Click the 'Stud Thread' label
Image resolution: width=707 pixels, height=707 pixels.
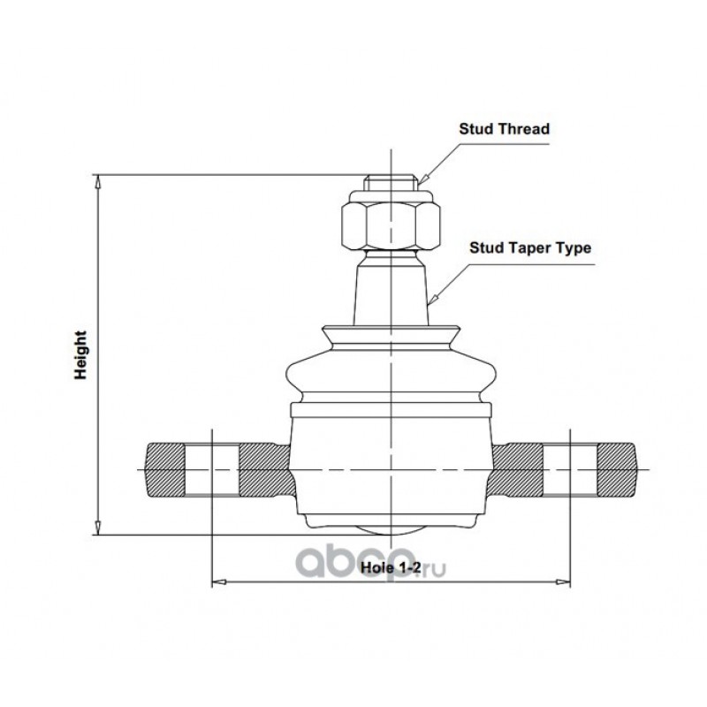[x=504, y=129]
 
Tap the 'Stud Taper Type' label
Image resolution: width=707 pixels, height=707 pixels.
[x=530, y=248]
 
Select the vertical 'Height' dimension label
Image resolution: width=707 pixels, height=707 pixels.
[x=80, y=355]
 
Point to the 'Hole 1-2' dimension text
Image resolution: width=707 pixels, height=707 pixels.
[x=391, y=567]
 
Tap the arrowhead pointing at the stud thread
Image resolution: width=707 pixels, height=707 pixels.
[x=422, y=180]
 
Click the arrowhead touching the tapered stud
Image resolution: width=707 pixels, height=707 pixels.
[x=432, y=300]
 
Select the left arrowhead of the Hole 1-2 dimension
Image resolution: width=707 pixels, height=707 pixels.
[x=218, y=582]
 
